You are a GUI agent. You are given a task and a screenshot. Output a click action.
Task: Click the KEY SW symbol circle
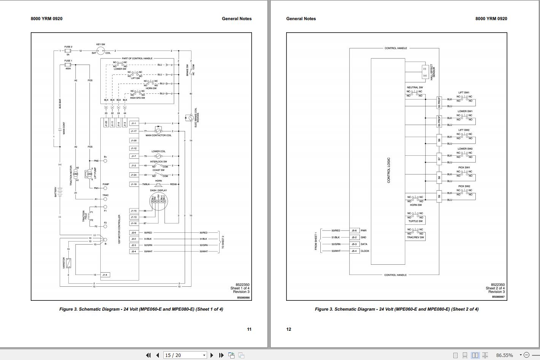point(101,51)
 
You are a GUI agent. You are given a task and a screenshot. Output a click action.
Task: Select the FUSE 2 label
point(68,47)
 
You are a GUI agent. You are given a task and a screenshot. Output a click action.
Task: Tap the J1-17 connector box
point(134,131)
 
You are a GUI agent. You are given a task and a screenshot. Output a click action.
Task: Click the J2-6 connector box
point(134,233)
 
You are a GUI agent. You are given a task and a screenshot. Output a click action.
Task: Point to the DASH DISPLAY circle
point(158,202)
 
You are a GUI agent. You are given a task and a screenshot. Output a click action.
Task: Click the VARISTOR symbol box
point(68,263)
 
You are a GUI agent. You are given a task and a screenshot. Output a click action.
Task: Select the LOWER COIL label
point(158,151)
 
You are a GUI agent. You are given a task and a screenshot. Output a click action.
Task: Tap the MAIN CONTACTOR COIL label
point(158,136)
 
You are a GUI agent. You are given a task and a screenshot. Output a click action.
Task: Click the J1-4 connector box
point(105,275)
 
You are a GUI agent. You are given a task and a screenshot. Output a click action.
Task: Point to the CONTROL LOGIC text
point(388,170)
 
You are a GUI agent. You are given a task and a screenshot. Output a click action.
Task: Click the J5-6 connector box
point(354,231)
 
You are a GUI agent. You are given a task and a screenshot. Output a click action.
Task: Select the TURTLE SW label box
point(415,221)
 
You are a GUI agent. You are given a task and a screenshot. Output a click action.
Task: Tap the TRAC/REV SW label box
point(415,237)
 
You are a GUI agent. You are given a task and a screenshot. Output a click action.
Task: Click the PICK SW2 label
point(464,186)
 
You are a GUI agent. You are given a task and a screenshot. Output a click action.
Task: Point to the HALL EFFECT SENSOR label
point(433,72)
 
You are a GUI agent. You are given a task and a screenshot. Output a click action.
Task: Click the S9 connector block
point(439,196)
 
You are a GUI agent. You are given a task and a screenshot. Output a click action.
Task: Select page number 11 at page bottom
point(249,329)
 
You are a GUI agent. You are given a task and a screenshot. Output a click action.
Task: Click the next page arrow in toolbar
point(212,355)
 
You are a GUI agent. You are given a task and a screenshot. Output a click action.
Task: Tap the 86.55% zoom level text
point(504,355)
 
